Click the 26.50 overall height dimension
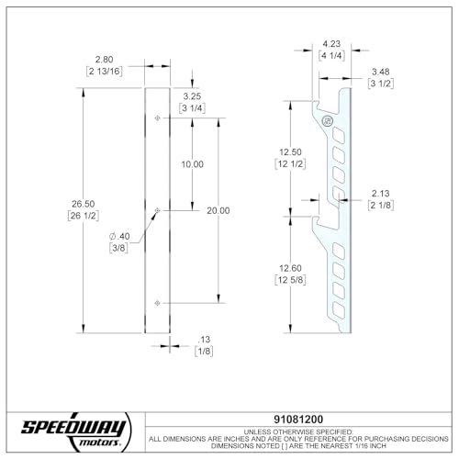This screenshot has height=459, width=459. point(84,204)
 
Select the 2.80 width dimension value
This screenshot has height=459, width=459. point(104,60)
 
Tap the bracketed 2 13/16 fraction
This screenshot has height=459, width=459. point(105,72)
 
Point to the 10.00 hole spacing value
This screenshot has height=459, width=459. point(193,164)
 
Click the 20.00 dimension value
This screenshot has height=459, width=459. point(218,210)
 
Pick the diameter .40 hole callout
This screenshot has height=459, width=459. point(119,236)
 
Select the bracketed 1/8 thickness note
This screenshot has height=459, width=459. point(204,351)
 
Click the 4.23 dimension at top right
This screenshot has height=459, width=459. point(331,44)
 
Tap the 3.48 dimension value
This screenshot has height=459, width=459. point(381,72)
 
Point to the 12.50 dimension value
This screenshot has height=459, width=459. point(290,151)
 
